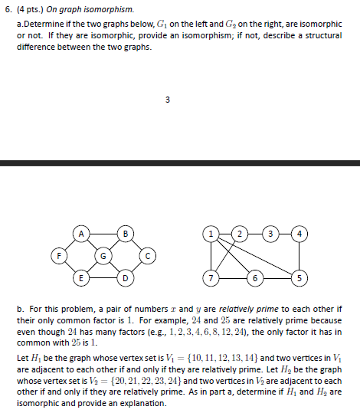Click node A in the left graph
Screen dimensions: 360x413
click(80, 231)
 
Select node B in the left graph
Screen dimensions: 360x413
click(125, 231)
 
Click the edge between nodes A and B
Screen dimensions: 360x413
click(103, 231)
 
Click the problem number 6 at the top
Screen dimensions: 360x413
click(6, 10)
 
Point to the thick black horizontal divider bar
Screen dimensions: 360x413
click(180, 163)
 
